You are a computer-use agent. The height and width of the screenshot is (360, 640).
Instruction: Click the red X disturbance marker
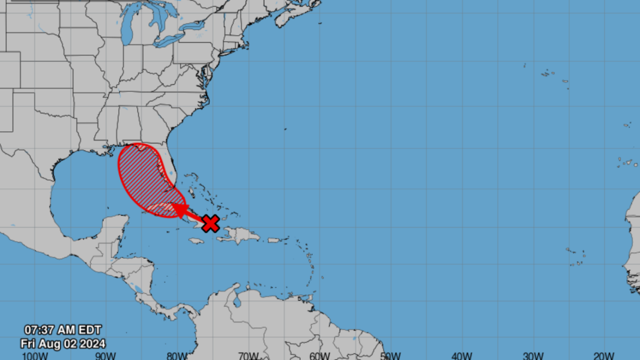pos(211,223)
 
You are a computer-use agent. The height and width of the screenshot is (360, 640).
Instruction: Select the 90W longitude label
pos(104,355)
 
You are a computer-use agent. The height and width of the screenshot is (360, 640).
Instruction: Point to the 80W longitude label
pos(177,355)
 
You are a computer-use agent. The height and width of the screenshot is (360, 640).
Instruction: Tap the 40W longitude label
pos(462,355)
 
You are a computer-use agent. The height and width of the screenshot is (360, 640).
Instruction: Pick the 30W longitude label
pos(533,355)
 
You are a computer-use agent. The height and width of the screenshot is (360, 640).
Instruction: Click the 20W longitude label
pos(604,355)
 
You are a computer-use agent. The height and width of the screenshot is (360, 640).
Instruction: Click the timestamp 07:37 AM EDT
pos(62,330)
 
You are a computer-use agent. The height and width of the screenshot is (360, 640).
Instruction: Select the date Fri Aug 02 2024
pos(63,344)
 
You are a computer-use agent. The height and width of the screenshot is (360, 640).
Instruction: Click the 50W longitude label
pos(391,355)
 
